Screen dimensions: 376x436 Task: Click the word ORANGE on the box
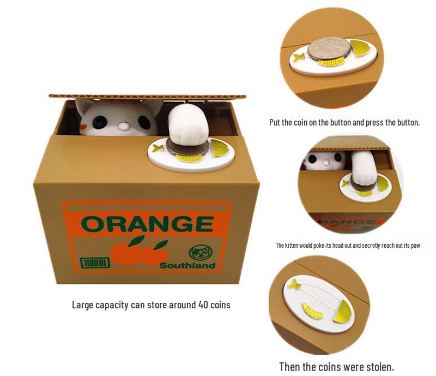147,224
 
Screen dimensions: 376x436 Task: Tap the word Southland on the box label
187,266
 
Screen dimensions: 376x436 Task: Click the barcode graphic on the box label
95,263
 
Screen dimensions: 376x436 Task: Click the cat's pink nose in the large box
124,127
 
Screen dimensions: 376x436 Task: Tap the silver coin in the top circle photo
328,50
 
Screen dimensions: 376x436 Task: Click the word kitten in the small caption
299,245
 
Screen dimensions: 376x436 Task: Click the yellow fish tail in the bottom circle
294,284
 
